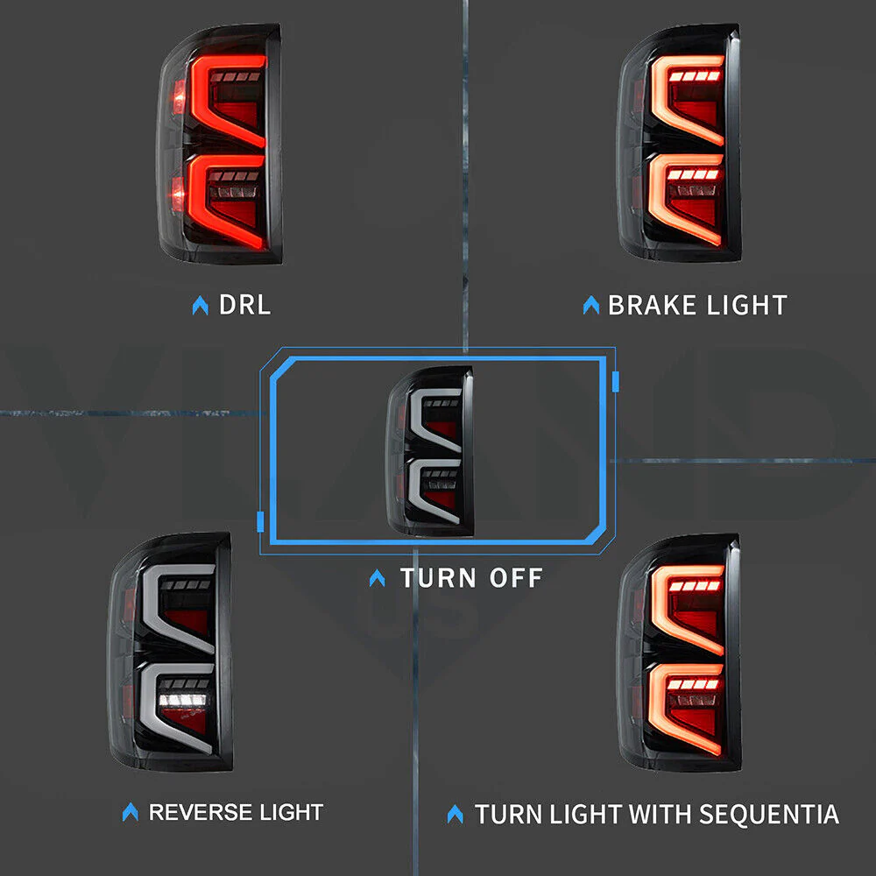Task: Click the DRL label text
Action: pyautogui.click(x=244, y=305)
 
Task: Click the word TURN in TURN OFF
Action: pyautogui.click(x=438, y=577)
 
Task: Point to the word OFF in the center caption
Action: pyautogui.click(x=516, y=577)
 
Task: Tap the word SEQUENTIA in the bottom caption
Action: pyautogui.click(x=769, y=814)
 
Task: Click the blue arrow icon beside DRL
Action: pyautogui.click(x=200, y=306)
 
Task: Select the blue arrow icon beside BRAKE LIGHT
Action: pyautogui.click(x=591, y=305)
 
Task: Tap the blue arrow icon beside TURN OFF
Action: pyautogui.click(x=377, y=578)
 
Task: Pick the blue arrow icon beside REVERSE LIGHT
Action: pyautogui.click(x=131, y=812)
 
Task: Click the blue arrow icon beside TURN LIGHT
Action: pyautogui.click(x=456, y=814)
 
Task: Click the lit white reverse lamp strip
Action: pyautogui.click(x=182, y=700)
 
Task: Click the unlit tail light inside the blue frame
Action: pyautogui.click(x=430, y=450)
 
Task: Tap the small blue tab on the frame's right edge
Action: pyautogui.click(x=616, y=382)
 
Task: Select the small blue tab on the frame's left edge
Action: pyautogui.click(x=260, y=521)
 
